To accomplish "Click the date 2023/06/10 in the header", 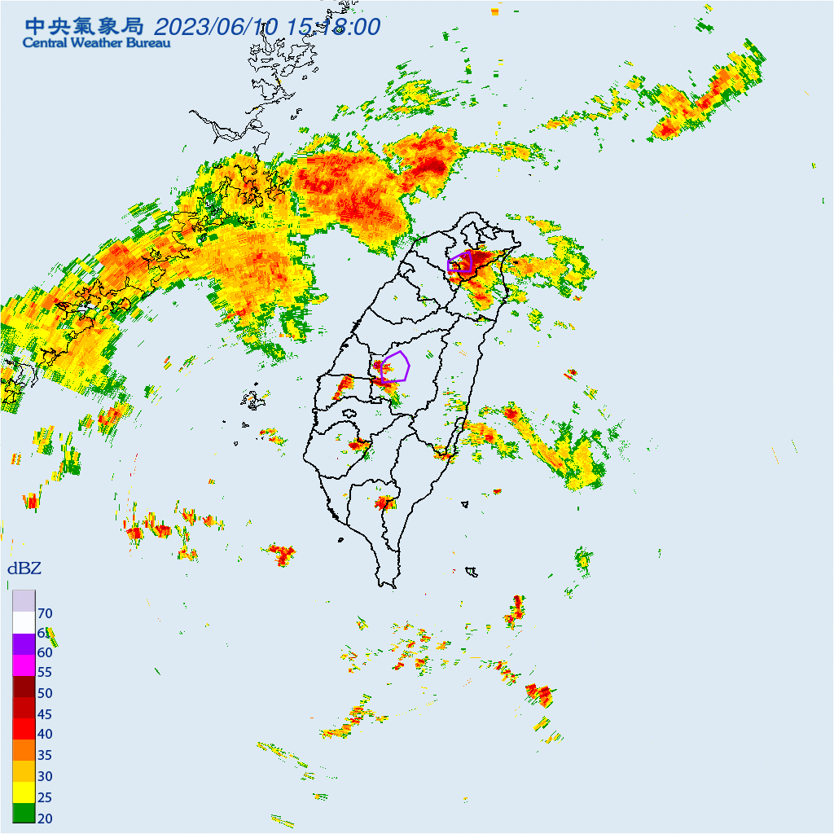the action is coord(215,27).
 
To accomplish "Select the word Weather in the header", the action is coord(99,43).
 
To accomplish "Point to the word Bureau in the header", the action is coord(149,43).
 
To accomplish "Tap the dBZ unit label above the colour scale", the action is coord(24,568).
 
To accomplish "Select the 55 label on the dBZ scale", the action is coord(45,673).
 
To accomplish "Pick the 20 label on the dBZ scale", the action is coord(45,818).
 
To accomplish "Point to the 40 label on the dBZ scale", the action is coord(45,733).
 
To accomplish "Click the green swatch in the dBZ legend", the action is coord(24,813).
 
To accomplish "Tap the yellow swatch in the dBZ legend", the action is coord(24,792).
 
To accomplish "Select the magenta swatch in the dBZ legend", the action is coord(24,665).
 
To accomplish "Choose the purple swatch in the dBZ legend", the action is coord(24,643).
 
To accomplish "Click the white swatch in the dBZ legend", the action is coord(24,622).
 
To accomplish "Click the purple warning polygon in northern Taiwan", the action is coord(460,262).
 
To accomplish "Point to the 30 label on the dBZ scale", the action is coord(45,775).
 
